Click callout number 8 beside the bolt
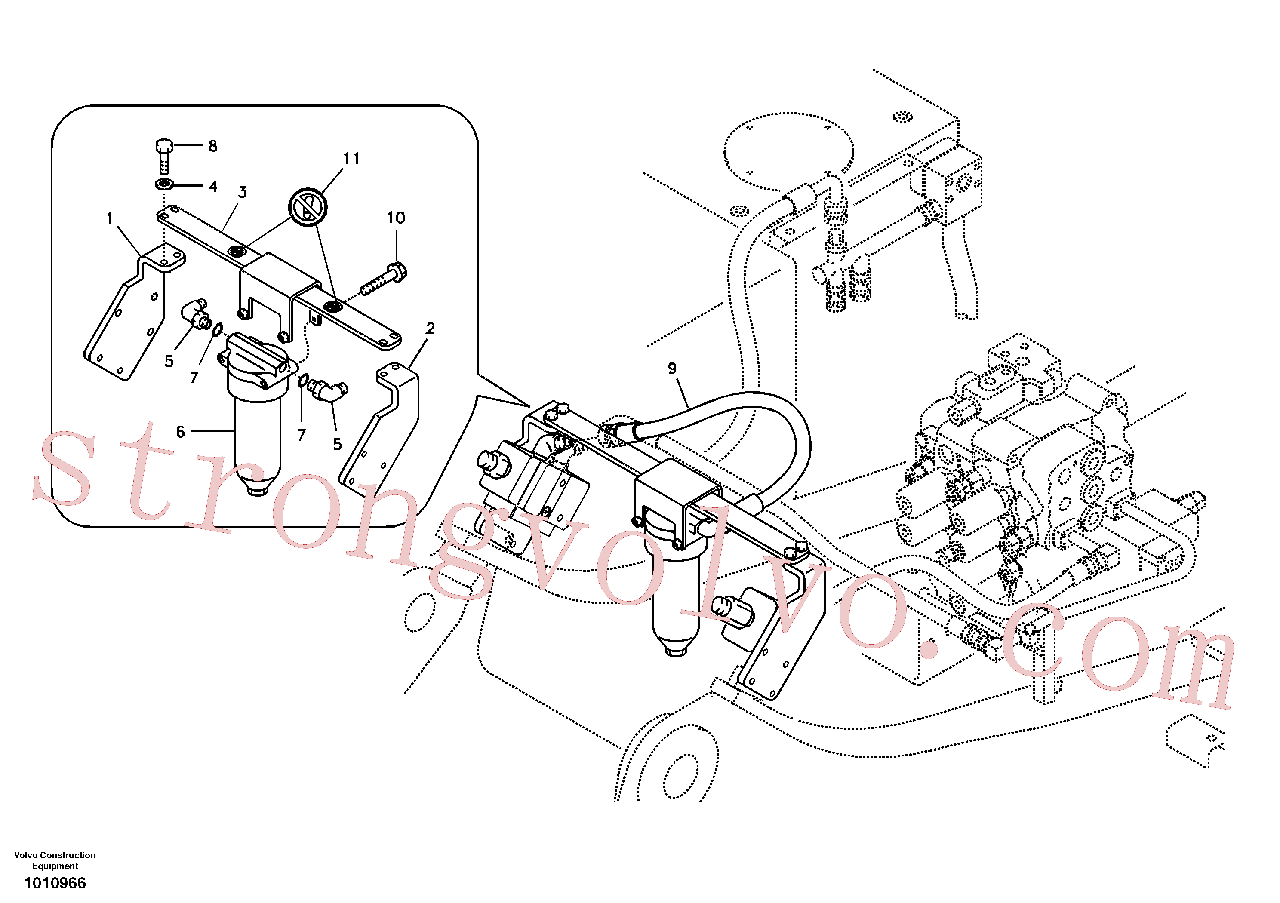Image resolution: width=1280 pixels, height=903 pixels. click(212, 146)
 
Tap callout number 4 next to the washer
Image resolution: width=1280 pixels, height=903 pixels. click(212, 186)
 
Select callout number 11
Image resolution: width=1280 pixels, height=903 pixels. click(351, 158)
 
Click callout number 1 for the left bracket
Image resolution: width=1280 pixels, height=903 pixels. click(110, 218)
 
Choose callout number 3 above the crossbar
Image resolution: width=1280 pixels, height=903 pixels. click(242, 192)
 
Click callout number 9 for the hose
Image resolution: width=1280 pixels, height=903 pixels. click(672, 369)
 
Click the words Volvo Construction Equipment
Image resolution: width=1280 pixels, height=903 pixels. click(55, 860)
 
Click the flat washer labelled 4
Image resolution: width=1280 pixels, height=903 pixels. click(164, 184)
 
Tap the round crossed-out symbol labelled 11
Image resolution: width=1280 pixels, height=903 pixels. click(308, 207)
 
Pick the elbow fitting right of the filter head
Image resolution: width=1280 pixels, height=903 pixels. click(329, 390)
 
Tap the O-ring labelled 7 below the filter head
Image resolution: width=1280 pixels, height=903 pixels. click(303, 381)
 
